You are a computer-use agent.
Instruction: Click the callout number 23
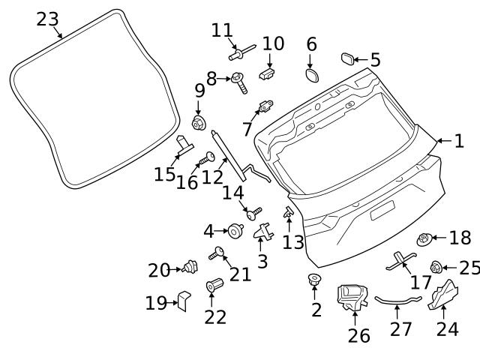coord(47,19)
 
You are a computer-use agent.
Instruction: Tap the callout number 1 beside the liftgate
coord(459,140)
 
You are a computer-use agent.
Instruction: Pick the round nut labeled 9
coord(199,122)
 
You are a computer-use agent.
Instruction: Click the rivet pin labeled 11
coord(239,53)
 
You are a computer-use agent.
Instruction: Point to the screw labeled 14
coord(255,214)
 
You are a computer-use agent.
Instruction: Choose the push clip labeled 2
coord(315,282)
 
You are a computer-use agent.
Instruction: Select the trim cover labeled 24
coord(445,295)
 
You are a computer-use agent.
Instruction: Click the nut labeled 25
coord(436,267)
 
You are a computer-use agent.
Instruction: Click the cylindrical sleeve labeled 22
coord(214,286)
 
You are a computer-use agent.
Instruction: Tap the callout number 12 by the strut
coord(213,176)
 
